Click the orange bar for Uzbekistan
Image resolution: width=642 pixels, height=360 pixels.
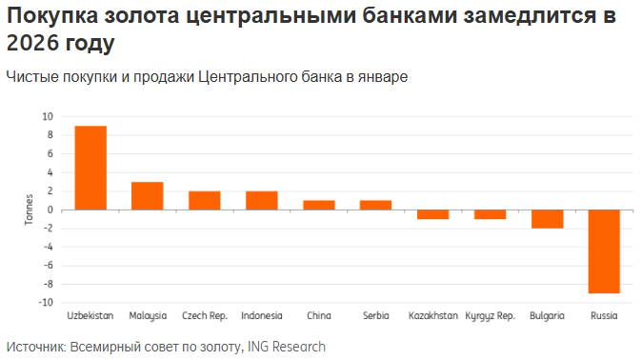click(x=90, y=168)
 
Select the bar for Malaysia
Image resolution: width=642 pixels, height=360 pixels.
click(x=148, y=195)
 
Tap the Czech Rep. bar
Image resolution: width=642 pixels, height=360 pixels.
click(x=205, y=200)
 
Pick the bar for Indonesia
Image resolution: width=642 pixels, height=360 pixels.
click(x=261, y=200)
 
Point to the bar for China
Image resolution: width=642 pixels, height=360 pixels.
click(x=318, y=205)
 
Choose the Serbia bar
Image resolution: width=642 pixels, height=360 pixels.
click(x=375, y=205)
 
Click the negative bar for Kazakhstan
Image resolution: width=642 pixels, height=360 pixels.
click(x=432, y=214)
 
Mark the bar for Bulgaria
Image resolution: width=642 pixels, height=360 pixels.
click(x=547, y=219)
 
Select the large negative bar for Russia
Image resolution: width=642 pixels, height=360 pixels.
click(x=604, y=251)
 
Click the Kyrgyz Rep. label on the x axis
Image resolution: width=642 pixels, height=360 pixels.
click(x=490, y=315)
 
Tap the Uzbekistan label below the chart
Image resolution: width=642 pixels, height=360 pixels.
click(x=90, y=315)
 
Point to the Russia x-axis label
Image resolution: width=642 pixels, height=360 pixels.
click(x=604, y=315)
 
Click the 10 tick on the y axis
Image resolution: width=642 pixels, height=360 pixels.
click(x=48, y=116)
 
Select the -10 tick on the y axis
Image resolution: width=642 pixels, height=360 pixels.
click(x=46, y=303)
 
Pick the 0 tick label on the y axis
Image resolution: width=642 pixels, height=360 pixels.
click(x=50, y=210)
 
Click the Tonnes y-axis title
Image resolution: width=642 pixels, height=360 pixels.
click(x=28, y=210)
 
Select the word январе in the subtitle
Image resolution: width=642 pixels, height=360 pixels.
click(x=383, y=77)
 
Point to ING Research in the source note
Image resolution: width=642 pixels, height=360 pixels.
click(x=286, y=347)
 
